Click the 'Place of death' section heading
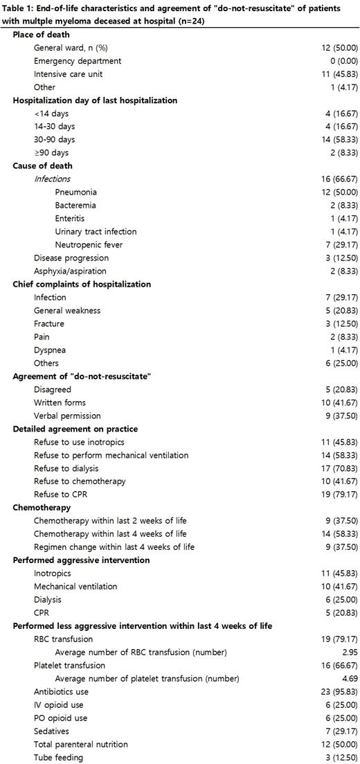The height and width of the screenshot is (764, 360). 41,34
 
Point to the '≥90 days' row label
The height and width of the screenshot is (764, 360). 51,152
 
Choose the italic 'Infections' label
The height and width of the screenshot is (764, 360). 52,179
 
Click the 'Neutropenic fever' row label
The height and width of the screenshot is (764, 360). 90,245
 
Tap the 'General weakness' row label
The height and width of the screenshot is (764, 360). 67,310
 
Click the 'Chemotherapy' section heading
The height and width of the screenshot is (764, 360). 42,508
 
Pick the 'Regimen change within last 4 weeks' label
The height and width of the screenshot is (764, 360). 114,547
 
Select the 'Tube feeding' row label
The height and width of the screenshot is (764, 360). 58,758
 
